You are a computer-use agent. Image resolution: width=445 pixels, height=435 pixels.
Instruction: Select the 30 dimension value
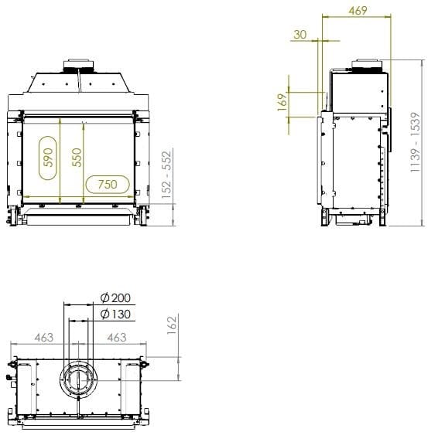(x=300, y=35)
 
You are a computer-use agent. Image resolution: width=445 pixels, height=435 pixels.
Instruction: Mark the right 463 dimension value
(x=116, y=338)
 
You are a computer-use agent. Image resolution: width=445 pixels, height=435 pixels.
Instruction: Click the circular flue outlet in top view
(x=79, y=380)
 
